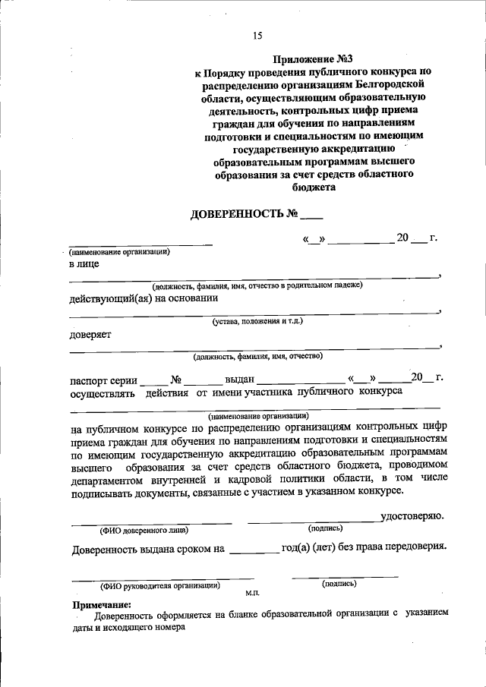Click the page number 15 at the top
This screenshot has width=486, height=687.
point(257,36)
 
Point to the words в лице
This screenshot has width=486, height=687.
point(84,264)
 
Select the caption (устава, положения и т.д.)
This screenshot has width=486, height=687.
point(257,321)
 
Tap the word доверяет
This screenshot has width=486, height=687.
point(90,334)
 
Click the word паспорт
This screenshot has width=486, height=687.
point(93,378)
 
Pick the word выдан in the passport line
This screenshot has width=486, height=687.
point(238,378)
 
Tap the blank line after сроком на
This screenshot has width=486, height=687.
point(254,547)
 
